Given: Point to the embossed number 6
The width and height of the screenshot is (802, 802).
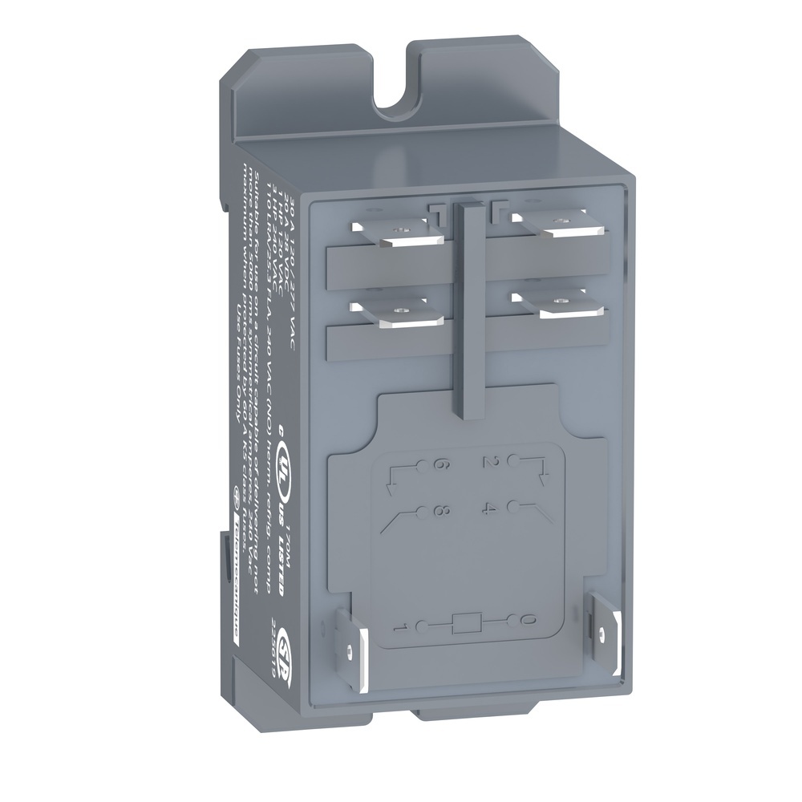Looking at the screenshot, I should click(439, 465).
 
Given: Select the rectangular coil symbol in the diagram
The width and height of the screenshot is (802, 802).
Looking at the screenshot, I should click(466, 623).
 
